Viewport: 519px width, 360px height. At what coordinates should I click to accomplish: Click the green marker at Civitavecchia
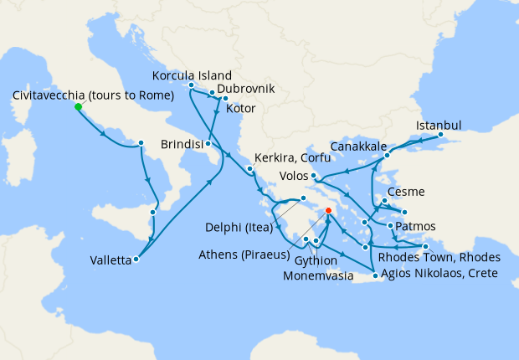click(x=78, y=107)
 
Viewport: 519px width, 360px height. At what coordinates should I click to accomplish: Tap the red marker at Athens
click(x=328, y=211)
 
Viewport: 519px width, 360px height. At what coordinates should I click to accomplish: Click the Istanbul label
click(x=439, y=126)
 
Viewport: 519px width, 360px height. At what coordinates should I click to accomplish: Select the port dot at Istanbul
click(x=441, y=136)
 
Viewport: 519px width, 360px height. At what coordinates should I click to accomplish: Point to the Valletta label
click(x=110, y=260)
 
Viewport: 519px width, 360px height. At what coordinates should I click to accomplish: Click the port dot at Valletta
click(x=136, y=259)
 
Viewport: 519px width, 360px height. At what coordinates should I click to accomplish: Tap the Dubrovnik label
click(x=245, y=89)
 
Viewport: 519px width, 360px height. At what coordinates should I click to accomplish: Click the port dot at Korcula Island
click(x=192, y=85)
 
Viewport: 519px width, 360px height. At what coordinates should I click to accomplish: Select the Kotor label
click(x=241, y=108)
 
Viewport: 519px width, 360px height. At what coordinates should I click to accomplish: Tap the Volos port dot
click(x=312, y=176)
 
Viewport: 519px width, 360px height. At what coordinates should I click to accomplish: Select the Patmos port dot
click(x=391, y=225)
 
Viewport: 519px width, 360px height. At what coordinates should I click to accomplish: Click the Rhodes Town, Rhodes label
click(x=439, y=257)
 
